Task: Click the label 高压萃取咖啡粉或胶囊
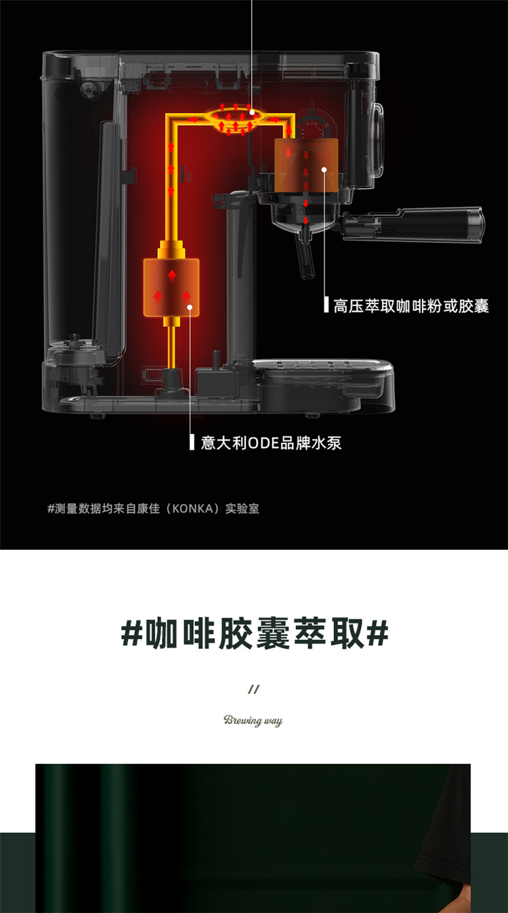tap(411, 305)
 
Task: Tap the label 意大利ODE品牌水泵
tap(271, 443)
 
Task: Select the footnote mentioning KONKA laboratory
tap(153, 509)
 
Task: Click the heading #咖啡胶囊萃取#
tap(255, 634)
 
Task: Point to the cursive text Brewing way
tap(253, 720)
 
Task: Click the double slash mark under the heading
tap(253, 689)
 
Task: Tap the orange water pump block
tap(171, 288)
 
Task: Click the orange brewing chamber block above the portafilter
tap(306, 165)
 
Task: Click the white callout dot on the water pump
tap(190, 307)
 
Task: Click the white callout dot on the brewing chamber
tap(324, 169)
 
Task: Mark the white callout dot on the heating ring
tap(252, 112)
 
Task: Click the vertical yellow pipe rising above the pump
tap(171, 179)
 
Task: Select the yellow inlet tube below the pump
tap(171, 347)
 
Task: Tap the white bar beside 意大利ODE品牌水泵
tap(192, 442)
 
